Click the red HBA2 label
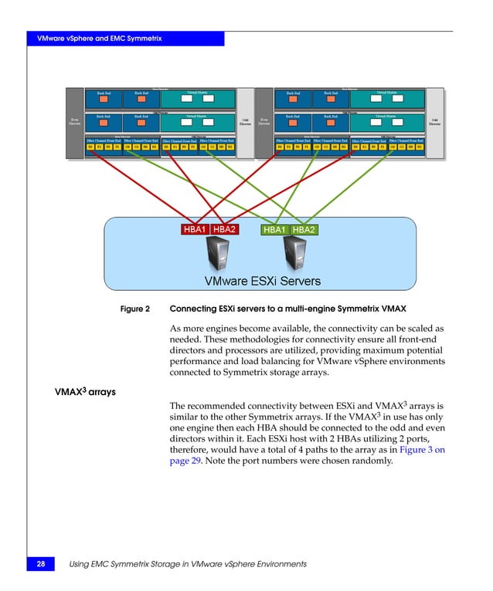click(225, 229)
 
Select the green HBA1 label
click(275, 229)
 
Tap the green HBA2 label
click(304, 229)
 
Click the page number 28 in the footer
click(39, 565)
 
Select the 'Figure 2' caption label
click(135, 309)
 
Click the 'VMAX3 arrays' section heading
click(84, 392)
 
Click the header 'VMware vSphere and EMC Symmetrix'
click(97, 39)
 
